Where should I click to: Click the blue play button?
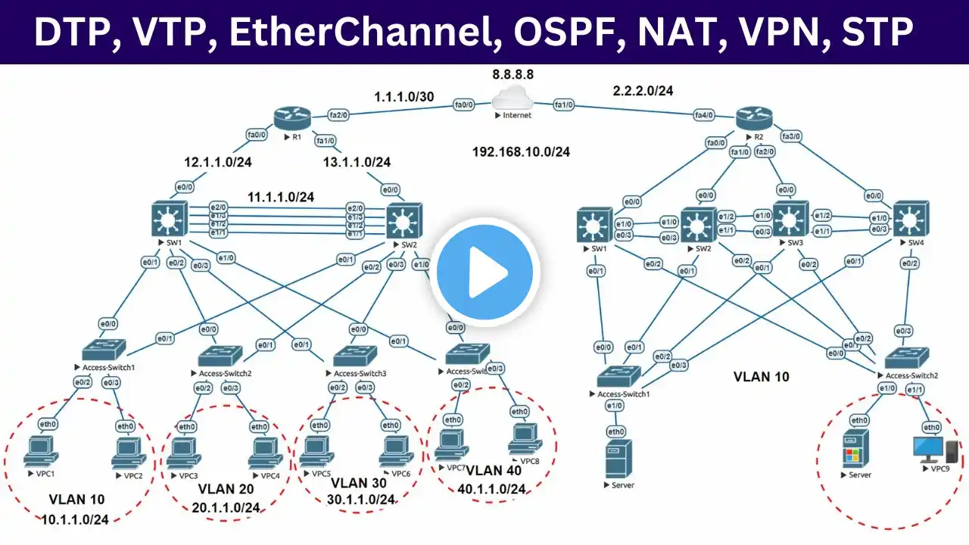coord(485,271)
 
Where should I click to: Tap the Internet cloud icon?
coord(512,100)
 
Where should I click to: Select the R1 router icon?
coord(292,117)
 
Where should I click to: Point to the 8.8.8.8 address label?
coord(512,75)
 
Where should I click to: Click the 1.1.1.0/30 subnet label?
coord(405,97)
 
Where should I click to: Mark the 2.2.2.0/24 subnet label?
coord(643,91)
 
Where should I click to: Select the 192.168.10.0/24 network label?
coord(521,151)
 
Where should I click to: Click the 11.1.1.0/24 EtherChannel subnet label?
coord(280,197)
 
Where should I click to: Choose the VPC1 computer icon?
coord(41,453)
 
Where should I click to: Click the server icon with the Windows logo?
coord(855,453)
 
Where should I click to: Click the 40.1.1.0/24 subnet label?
coord(491,488)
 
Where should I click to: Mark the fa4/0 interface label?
coord(704,115)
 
